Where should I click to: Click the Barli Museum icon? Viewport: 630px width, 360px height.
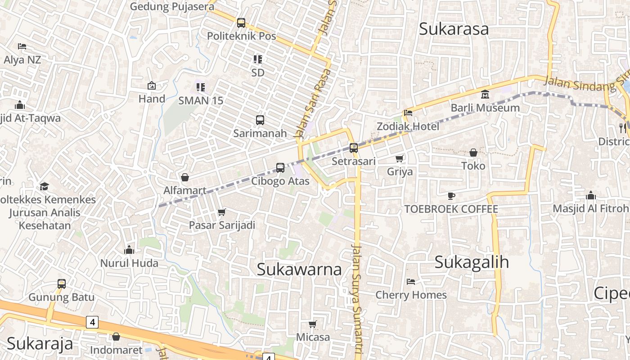(485, 94)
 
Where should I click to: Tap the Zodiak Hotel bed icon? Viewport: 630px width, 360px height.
(408, 112)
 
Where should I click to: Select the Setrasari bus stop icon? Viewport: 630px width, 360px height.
(354, 147)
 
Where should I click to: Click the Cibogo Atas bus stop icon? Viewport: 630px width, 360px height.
(280, 168)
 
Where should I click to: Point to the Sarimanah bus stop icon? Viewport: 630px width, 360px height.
(260, 120)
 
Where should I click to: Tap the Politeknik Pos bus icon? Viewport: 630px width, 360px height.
(241, 22)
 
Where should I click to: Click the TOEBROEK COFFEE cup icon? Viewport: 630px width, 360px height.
(451, 196)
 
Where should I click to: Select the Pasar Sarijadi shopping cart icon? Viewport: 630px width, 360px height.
(221, 212)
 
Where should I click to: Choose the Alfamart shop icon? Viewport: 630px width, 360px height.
(184, 177)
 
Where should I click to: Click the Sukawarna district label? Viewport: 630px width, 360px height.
(299, 270)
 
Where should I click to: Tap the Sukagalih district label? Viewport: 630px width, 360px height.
(471, 262)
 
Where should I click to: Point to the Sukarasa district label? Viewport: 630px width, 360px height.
(454, 29)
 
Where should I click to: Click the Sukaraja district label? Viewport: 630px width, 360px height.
(40, 343)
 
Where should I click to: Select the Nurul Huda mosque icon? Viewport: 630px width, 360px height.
(130, 250)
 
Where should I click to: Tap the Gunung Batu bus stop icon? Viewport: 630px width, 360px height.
(62, 284)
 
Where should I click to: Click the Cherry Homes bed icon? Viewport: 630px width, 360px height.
(411, 282)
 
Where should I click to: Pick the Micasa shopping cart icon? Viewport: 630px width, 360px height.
(313, 324)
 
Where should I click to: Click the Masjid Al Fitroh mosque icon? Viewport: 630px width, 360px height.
(591, 195)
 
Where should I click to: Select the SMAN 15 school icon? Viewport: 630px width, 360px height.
(201, 87)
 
